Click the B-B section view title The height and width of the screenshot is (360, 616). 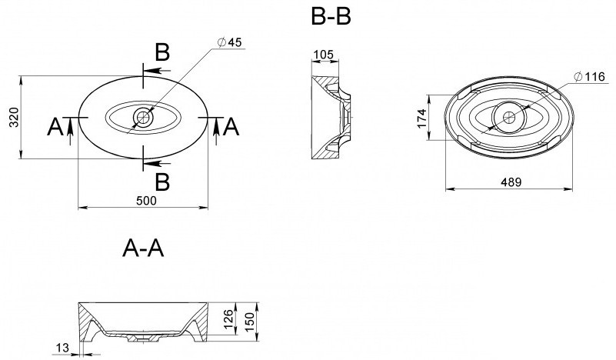[331, 17]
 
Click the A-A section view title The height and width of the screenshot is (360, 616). [143, 248]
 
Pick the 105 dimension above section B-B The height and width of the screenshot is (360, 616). [323, 55]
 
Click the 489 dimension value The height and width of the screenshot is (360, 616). [510, 182]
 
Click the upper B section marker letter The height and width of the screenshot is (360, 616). [161, 52]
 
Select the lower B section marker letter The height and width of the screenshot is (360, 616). [161, 182]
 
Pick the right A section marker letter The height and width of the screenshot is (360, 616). [231, 127]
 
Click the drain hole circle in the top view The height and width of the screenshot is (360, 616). [143, 118]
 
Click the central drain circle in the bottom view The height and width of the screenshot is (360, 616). [509, 118]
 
